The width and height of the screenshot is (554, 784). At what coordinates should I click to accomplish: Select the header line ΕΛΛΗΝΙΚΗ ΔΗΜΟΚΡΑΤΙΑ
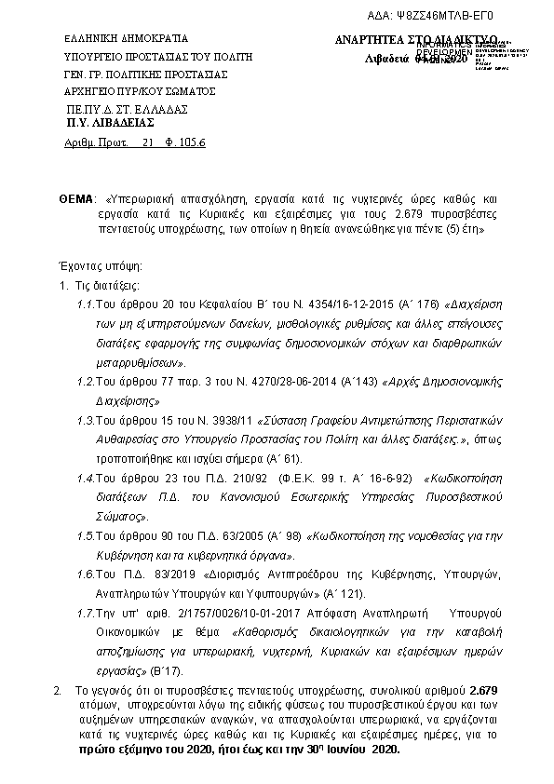(x=125, y=39)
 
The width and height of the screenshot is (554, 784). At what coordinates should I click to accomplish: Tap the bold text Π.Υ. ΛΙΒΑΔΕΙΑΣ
(x=110, y=122)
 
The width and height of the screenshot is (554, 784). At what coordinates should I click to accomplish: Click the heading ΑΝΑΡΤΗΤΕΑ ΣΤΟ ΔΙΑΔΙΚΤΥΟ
(x=416, y=40)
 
